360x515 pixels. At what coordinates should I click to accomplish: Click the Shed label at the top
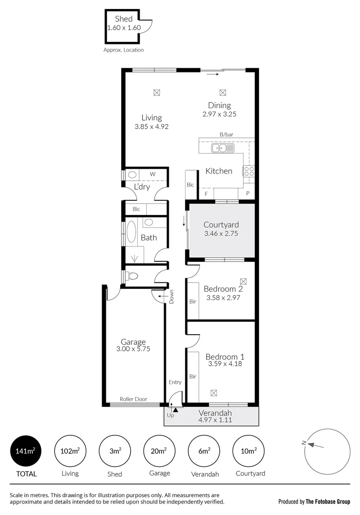point(123,19)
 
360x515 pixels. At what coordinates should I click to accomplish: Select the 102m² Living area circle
point(70,451)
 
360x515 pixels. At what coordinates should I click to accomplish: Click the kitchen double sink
point(223,148)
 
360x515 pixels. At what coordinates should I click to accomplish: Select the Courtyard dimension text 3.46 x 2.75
point(221,234)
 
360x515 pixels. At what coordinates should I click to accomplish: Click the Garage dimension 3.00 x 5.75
point(133,349)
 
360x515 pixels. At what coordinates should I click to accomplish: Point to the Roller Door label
point(133,399)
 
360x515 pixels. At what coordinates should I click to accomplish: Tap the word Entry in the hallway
point(175,382)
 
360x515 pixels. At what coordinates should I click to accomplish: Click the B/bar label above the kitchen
point(226,135)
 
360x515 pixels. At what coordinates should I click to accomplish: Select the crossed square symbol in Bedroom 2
point(244,281)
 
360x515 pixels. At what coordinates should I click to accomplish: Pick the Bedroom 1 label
point(225,356)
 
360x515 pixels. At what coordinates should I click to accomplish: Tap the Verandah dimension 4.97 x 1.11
point(216,420)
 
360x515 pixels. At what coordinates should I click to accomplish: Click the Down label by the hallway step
point(172,297)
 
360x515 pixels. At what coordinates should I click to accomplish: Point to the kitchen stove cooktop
point(249,171)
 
